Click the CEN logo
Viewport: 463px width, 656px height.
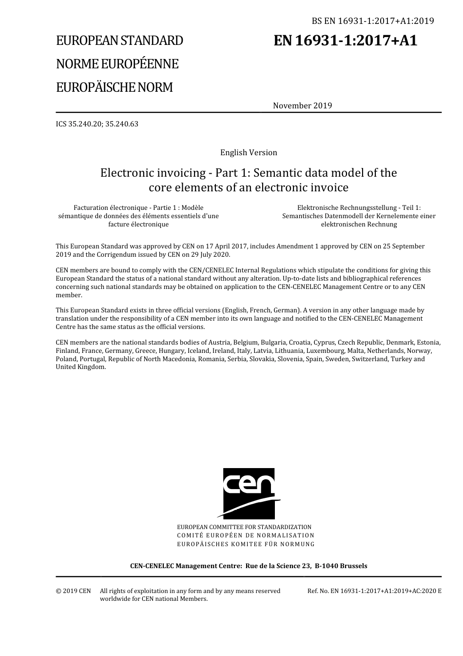point(249,493)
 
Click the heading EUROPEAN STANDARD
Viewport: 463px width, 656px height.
point(119,41)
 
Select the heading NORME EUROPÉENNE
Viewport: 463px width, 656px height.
point(117,64)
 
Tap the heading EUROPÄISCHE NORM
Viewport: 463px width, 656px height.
point(114,87)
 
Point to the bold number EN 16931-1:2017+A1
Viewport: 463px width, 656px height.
point(345,41)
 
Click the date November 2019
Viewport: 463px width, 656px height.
point(302,105)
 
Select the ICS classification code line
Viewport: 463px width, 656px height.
point(97,124)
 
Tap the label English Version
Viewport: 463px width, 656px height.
point(249,152)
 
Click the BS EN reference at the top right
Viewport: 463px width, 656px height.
point(373,20)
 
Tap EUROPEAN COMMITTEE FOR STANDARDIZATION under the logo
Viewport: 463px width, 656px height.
point(244,527)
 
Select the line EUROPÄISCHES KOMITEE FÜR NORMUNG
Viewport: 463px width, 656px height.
point(246,544)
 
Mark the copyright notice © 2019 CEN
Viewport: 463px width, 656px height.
point(73,591)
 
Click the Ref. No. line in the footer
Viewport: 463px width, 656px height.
point(374,591)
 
